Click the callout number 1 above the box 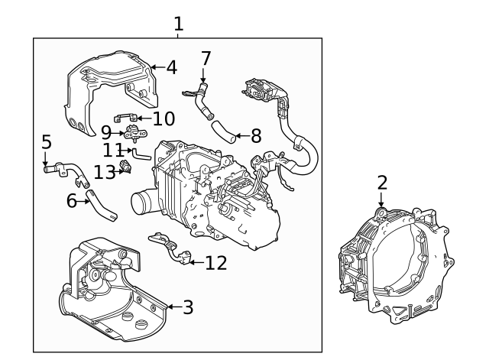coord(178,24)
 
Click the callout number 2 coord(382,183)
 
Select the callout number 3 coord(187,307)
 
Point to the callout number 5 coord(47,142)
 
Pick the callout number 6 coord(72,201)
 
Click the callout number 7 coord(206,58)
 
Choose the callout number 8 coord(255,136)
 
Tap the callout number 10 coord(164,118)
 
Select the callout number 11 coord(113,150)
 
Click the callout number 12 coord(216,263)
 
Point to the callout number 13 coord(104,171)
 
